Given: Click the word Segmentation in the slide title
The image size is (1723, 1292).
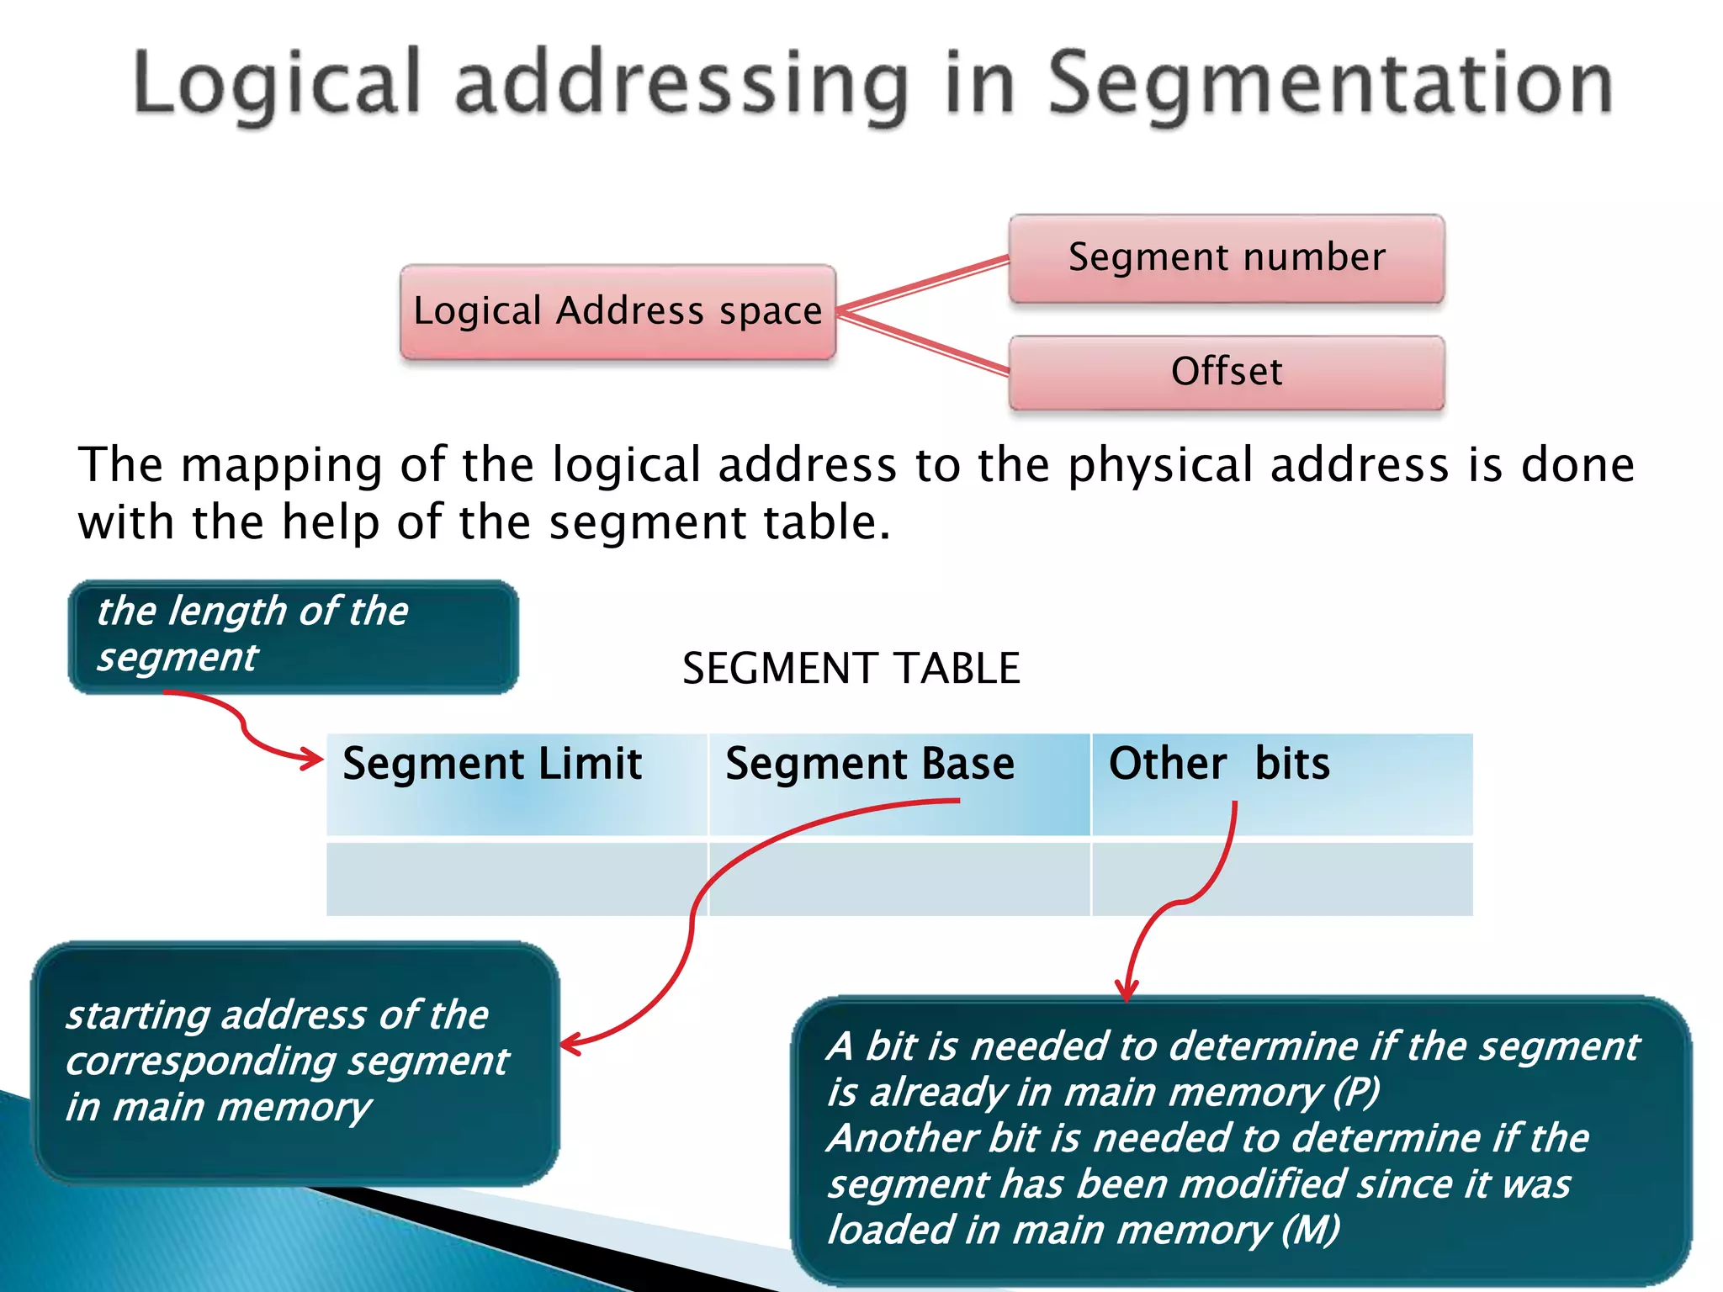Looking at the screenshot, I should point(1329,84).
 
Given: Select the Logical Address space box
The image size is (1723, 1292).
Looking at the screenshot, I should point(618,312).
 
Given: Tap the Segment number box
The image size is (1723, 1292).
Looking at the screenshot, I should point(1227,258).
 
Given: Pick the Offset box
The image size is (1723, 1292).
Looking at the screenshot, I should point(1227,373).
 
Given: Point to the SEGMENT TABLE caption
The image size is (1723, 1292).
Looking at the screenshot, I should point(851,669).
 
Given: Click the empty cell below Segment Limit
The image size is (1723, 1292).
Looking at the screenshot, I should point(517,879).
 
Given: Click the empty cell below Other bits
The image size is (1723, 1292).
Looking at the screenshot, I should point(1281,879).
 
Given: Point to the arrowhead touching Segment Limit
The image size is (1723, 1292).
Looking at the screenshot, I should point(313,760).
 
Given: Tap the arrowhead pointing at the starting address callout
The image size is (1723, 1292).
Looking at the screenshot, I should point(570,1046).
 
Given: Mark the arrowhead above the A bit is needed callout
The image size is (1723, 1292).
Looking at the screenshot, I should point(1127,989).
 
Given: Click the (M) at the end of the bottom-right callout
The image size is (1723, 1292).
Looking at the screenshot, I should point(1310,1230).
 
